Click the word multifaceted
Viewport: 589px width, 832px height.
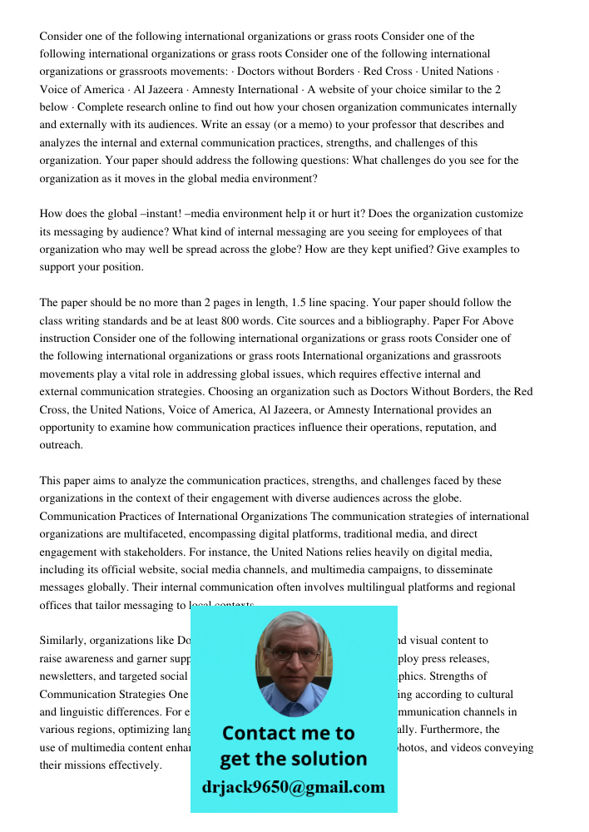point(104,534)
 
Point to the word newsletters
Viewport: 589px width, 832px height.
point(67,676)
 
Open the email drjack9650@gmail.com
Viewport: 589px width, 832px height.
point(293,787)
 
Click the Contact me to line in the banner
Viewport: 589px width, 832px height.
point(288,733)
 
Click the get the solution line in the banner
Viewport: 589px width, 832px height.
point(293,759)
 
